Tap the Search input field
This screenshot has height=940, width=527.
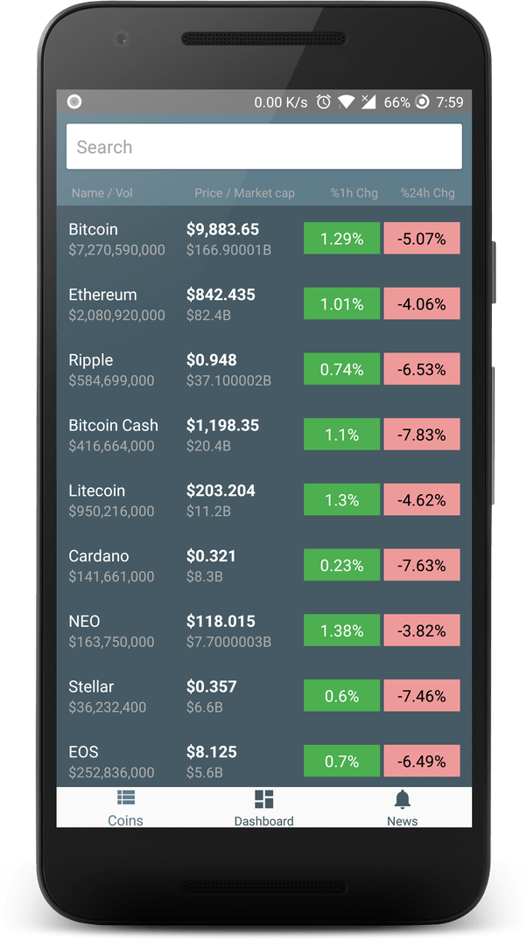click(x=263, y=147)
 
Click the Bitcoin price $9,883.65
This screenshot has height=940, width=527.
click(x=222, y=229)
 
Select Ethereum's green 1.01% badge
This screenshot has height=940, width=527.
click(x=341, y=304)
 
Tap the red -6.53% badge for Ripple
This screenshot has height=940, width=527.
click(x=422, y=370)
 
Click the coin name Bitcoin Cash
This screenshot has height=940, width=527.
click(x=113, y=425)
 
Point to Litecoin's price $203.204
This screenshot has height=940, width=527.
click(x=221, y=491)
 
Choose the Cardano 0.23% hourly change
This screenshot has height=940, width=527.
click(x=341, y=566)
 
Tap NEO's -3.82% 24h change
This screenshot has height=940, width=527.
click(x=422, y=631)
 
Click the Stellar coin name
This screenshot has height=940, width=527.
click(x=91, y=686)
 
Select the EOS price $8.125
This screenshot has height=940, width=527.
click(x=210, y=752)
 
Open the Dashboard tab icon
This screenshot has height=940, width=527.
click(x=263, y=799)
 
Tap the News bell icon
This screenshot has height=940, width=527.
click(x=403, y=799)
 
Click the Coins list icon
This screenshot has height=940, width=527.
click(x=125, y=797)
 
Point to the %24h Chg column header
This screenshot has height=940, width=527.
click(x=427, y=193)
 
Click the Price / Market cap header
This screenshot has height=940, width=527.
click(x=244, y=193)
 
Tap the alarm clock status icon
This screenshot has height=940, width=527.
click(x=323, y=102)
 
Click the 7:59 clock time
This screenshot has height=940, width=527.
click(x=449, y=102)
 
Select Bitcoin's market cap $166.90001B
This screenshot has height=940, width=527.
click(x=228, y=250)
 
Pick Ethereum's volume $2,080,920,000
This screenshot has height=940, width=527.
click(x=116, y=316)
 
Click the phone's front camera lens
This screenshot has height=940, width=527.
click(x=123, y=39)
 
